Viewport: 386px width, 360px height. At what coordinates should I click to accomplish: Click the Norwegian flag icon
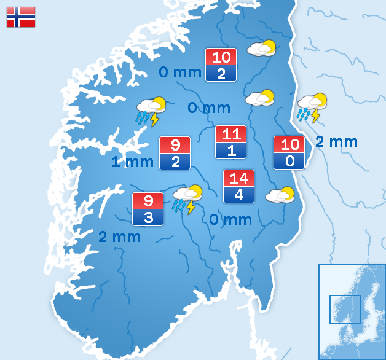tap(21, 17)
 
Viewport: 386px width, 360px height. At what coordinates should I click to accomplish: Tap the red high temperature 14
tap(238, 179)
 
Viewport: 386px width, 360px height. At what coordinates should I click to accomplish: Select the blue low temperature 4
tap(238, 195)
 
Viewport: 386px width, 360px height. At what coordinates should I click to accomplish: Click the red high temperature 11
tap(230, 135)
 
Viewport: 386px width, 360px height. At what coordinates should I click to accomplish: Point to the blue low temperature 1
tap(230, 151)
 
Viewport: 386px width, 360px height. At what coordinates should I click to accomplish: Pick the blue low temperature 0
tap(289, 162)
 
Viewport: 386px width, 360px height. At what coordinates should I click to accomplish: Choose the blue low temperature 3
tap(148, 217)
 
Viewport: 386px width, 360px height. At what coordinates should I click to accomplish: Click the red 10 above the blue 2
tap(221, 57)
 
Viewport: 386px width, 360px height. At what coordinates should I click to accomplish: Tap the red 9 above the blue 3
tap(148, 201)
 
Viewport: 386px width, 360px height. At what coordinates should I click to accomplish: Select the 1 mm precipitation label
tap(132, 162)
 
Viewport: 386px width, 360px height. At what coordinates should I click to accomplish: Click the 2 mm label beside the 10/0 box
tap(336, 142)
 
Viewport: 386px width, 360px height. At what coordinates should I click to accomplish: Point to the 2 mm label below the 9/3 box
tap(119, 237)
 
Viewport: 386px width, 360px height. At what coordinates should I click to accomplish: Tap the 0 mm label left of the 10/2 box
tap(180, 72)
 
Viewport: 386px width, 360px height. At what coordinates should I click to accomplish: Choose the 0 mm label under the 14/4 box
tap(230, 219)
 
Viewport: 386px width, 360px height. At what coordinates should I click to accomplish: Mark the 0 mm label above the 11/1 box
tap(209, 108)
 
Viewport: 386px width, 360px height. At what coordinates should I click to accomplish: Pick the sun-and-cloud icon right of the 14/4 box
tap(280, 195)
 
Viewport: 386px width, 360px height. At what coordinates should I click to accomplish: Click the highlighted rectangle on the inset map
tap(345, 309)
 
